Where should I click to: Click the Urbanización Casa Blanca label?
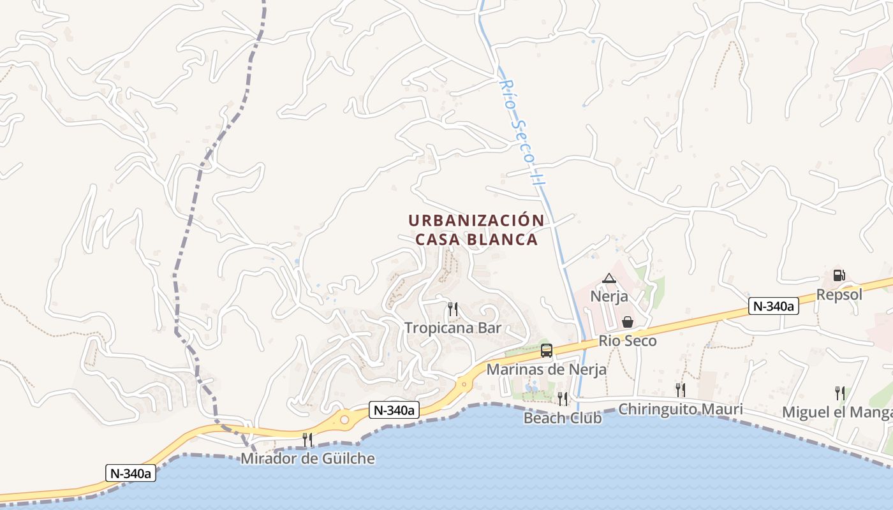point(476,229)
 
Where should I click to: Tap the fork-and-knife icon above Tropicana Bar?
point(453,309)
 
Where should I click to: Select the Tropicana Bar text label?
point(453,328)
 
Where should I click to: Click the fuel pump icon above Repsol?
point(839,275)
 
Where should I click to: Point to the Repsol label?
point(839,295)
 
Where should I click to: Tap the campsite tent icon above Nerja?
point(609,278)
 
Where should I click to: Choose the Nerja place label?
point(609,296)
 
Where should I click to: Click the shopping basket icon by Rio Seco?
point(628,322)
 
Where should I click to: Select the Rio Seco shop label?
point(628,341)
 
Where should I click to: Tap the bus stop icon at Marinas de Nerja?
point(547,350)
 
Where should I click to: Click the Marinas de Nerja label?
point(547,369)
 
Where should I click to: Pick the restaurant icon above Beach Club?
point(562,398)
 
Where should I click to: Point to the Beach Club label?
point(562,418)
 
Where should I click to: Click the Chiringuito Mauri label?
point(681,409)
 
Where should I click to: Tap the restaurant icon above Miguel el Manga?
point(839,393)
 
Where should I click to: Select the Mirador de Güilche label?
point(307,458)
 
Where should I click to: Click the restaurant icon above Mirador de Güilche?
point(307,439)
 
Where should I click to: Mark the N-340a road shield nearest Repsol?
point(773,306)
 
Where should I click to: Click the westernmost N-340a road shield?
point(131,473)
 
